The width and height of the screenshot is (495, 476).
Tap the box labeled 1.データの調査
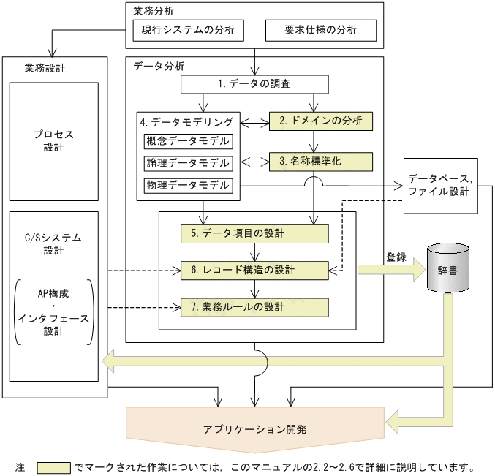254,84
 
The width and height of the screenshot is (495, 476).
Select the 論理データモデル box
189,163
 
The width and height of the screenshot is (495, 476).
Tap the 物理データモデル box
189,184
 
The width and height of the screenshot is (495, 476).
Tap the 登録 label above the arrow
396,257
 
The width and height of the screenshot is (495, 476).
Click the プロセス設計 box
54,141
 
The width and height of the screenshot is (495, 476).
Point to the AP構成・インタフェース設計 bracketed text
54,311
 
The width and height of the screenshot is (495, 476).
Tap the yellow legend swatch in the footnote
53,466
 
